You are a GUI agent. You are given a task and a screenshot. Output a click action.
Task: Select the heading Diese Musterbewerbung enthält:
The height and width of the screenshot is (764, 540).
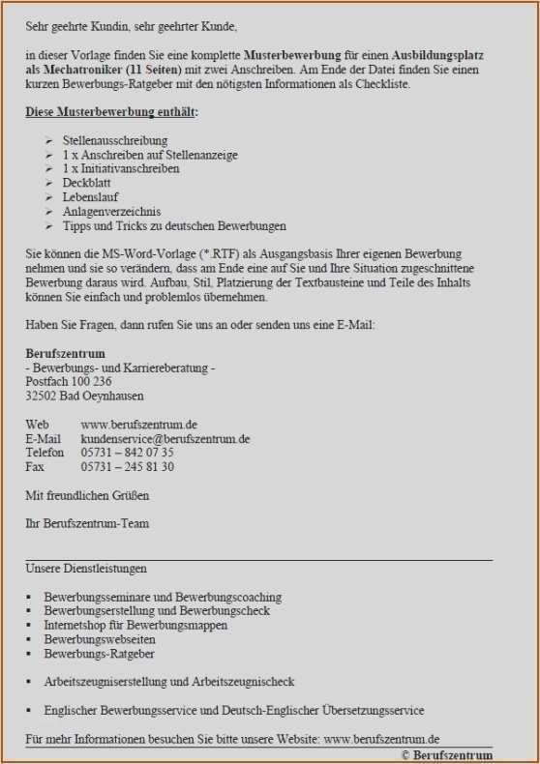(x=111, y=113)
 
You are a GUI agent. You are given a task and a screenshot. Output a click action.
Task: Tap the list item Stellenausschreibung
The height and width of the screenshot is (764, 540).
(x=115, y=141)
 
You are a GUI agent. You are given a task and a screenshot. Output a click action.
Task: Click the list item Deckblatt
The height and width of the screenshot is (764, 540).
(x=88, y=183)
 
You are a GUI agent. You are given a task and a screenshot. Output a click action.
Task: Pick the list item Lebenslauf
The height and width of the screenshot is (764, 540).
(x=90, y=197)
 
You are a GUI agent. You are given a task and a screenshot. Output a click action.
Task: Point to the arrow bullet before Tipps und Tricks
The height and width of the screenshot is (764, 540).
(x=49, y=226)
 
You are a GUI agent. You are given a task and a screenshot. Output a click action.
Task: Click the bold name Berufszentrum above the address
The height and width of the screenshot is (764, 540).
(x=66, y=354)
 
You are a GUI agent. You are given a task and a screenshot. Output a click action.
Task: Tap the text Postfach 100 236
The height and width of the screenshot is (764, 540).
(x=69, y=382)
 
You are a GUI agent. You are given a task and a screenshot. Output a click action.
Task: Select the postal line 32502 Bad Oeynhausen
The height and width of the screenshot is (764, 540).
(x=84, y=396)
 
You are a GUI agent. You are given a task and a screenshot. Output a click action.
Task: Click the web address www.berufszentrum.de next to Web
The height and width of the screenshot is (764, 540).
(x=139, y=425)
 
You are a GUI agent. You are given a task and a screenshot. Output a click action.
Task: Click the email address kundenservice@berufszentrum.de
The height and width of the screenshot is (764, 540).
(x=165, y=438)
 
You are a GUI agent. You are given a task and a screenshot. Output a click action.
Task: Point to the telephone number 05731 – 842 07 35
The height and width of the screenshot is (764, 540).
(x=128, y=453)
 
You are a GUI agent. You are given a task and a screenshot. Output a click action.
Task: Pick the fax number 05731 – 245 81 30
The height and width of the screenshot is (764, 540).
(x=128, y=467)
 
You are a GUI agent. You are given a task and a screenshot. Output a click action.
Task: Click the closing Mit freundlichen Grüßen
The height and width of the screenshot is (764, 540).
(x=87, y=496)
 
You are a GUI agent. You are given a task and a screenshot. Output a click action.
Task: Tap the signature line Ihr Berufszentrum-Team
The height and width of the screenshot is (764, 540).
(x=87, y=524)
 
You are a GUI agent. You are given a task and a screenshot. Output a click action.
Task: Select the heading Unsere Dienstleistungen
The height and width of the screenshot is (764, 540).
(x=86, y=569)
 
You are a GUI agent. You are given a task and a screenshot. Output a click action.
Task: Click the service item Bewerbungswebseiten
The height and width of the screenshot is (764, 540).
(x=100, y=640)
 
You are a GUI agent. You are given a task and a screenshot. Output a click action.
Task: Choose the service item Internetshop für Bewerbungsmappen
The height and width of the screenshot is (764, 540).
(x=135, y=626)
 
